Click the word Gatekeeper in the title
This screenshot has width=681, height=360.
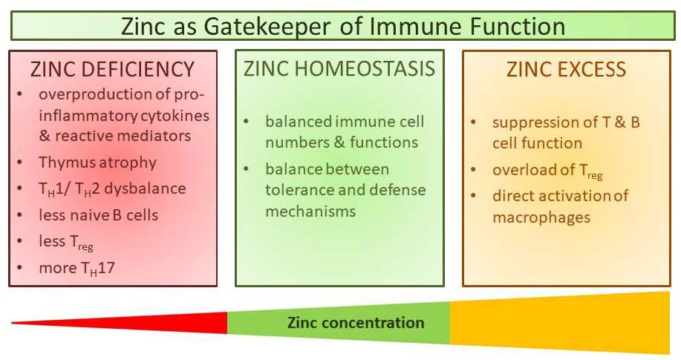coord(267,27)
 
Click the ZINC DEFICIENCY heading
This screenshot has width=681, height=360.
coord(112,70)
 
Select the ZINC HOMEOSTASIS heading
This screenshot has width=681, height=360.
coord(339,68)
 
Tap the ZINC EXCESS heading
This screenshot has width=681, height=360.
coord(567,70)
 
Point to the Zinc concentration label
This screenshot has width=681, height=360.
coord(356,323)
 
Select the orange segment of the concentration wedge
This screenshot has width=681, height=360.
coord(560,323)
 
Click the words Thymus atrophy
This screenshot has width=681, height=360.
coord(98,163)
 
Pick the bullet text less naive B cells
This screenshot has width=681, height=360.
coord(99,215)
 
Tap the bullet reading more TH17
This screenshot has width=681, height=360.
coord(77,268)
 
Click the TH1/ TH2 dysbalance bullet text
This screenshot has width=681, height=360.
coord(112,189)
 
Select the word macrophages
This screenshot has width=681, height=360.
coord(541,217)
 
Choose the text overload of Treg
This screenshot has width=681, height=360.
coord(547,170)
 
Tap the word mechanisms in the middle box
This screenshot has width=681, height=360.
coord(310,211)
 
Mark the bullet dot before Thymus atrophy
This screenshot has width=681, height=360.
coord(20,162)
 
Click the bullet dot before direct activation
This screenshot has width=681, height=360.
coord(473,195)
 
